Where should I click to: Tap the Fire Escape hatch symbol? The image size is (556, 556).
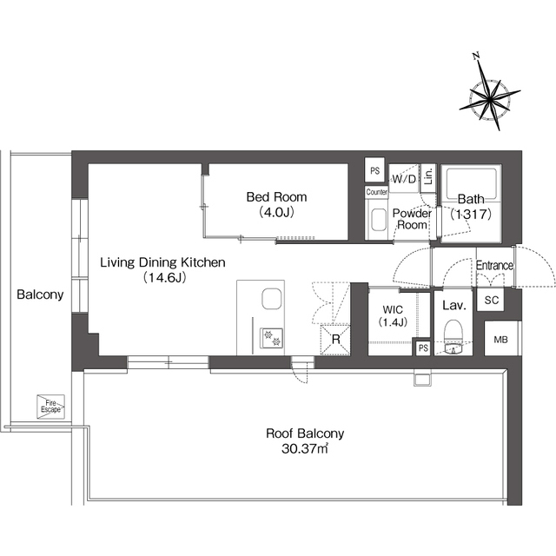click(x=50, y=407)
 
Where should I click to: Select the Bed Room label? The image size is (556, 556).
click(x=276, y=197)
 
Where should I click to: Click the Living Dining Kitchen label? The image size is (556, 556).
click(x=162, y=262)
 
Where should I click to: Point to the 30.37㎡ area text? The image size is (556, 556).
click(x=305, y=449)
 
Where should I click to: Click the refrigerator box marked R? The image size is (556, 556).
click(x=335, y=340)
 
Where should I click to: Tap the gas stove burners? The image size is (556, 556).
click(x=272, y=338)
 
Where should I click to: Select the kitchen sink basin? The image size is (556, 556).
click(x=272, y=299)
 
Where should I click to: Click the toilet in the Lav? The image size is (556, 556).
click(x=453, y=337)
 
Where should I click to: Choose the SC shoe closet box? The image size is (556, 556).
click(x=491, y=300)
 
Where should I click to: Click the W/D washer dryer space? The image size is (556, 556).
click(x=404, y=178)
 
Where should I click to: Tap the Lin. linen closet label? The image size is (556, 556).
click(x=428, y=176)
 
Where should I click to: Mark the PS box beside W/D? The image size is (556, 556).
click(x=374, y=170)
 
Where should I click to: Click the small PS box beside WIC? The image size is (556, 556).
click(x=423, y=347)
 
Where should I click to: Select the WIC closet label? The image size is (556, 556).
click(x=393, y=315)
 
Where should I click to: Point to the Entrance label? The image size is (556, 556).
click(x=494, y=265)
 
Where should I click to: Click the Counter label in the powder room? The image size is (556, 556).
click(x=376, y=192)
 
